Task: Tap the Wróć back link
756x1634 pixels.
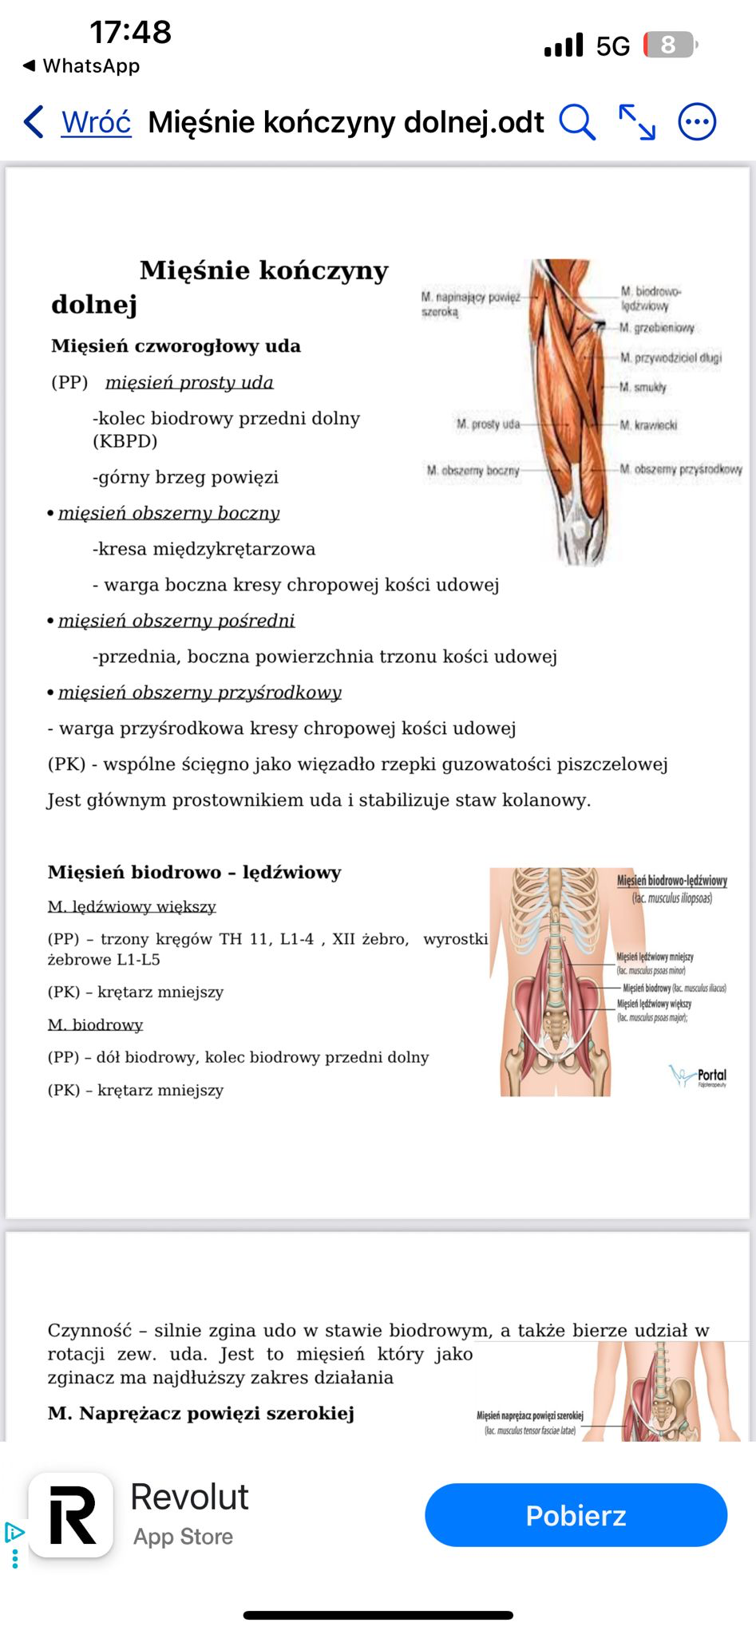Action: tap(96, 122)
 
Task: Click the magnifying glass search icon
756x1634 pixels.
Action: tap(576, 122)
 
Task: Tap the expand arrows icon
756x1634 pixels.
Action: tap(637, 122)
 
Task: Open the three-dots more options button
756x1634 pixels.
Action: tap(697, 122)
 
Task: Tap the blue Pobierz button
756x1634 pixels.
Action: tap(576, 1515)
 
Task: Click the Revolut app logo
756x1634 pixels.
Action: tap(71, 1515)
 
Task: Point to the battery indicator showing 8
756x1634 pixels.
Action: tap(669, 45)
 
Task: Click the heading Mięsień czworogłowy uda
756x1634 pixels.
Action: tap(176, 346)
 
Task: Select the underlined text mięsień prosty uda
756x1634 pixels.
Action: tap(189, 382)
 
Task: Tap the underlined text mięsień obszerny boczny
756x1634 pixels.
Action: tap(168, 513)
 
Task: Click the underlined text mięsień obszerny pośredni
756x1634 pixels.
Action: tap(176, 621)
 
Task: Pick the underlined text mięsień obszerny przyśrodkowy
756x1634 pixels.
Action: tap(200, 693)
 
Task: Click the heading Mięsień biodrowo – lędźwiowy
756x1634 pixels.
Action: tap(194, 872)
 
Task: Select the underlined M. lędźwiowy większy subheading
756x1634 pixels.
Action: tap(132, 906)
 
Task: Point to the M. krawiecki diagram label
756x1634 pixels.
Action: tap(648, 425)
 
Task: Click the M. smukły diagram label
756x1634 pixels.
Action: tap(643, 387)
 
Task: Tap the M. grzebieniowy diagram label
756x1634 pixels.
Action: tap(657, 328)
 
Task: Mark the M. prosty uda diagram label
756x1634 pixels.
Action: tap(488, 424)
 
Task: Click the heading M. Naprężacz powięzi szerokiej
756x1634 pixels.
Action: tap(200, 1413)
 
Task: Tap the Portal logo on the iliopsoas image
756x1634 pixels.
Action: tap(699, 1076)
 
